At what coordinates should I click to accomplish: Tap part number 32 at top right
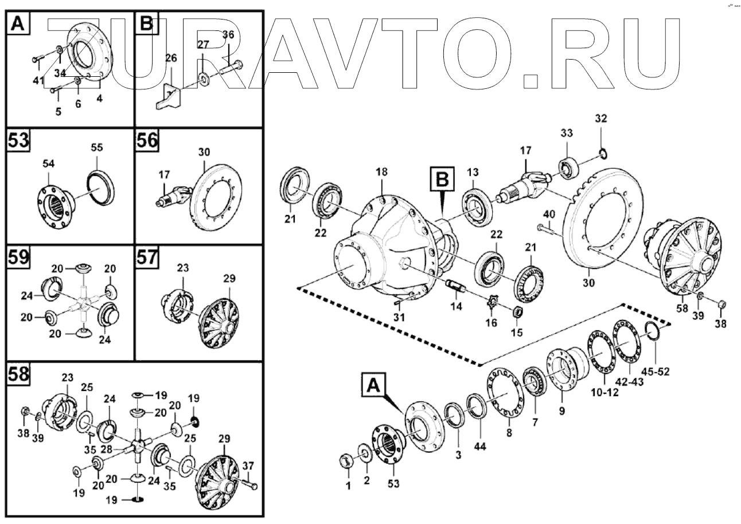[600, 119]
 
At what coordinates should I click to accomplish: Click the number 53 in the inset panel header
[18, 140]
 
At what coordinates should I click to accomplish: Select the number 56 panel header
[147, 140]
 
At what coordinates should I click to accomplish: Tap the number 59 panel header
[18, 259]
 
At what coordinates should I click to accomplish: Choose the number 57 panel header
[147, 259]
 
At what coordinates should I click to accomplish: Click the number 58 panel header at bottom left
[18, 375]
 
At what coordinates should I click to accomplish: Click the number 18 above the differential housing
[382, 172]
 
